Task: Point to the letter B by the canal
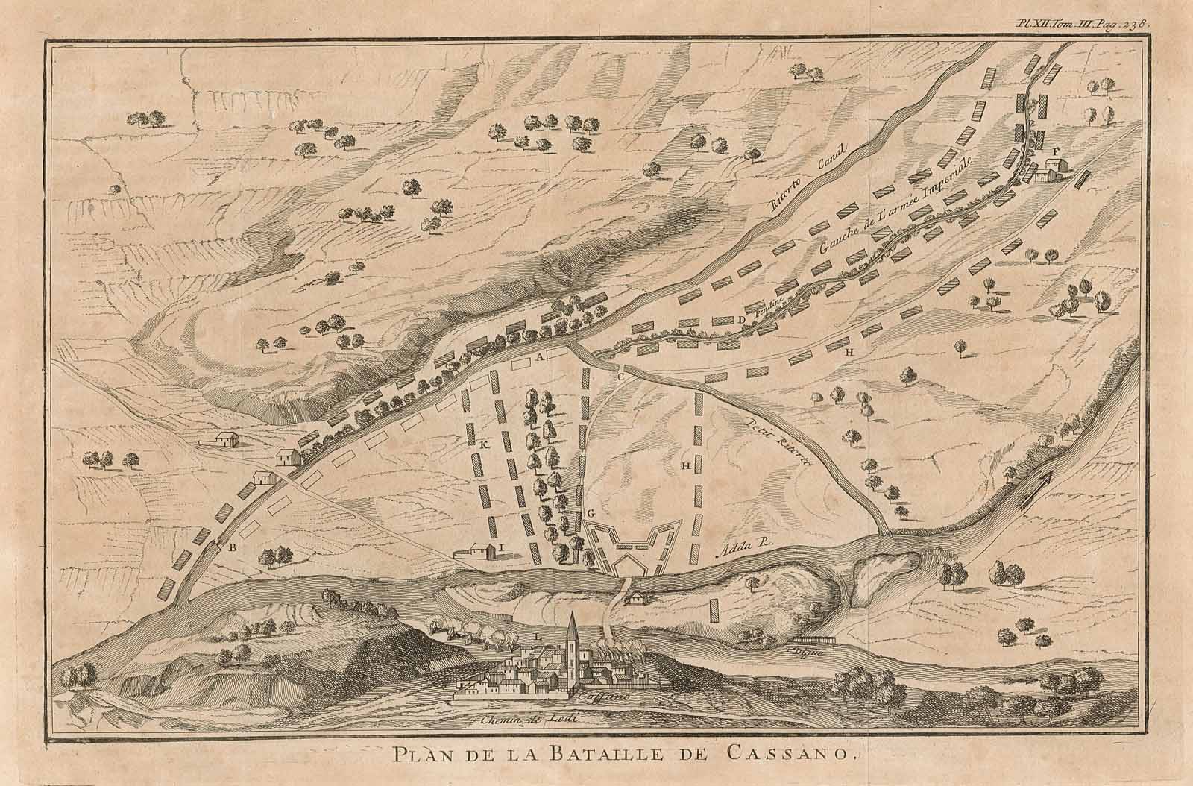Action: pos(233,547)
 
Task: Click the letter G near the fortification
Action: pos(590,513)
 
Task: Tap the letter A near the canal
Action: pos(538,357)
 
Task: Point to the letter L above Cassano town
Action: pos(538,635)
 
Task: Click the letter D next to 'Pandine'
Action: pos(741,321)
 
